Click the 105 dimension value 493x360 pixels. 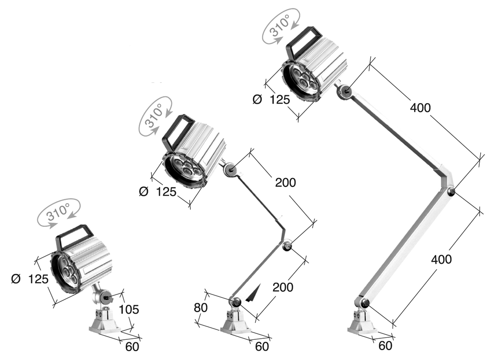129,309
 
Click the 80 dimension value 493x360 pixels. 201,307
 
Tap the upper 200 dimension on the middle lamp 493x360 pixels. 285,182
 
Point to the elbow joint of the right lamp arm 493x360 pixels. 451,191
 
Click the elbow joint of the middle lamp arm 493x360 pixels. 288,246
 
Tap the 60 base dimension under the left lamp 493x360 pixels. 132,346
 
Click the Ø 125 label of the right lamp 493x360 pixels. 271,99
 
